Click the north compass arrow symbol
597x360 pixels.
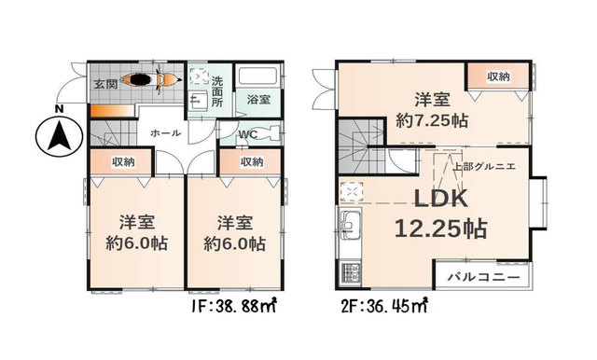[59, 136]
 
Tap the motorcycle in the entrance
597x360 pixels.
[151, 79]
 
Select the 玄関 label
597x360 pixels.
[105, 84]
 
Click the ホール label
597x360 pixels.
[165, 133]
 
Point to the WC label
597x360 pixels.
[248, 134]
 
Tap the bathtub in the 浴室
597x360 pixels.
[257, 78]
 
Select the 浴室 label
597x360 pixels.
[259, 100]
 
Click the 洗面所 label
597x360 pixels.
[217, 91]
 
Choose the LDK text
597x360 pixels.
[441, 199]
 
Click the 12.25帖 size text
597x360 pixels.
[440, 228]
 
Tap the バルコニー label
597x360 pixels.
[483, 277]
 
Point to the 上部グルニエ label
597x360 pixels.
[484, 166]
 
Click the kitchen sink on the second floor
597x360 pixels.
[351, 225]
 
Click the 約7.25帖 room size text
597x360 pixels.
[431, 121]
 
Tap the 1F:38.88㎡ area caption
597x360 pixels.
[233, 306]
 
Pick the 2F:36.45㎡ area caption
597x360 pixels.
[383, 306]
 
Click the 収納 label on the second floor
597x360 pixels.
[498, 76]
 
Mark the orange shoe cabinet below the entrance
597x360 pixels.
[112, 111]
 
